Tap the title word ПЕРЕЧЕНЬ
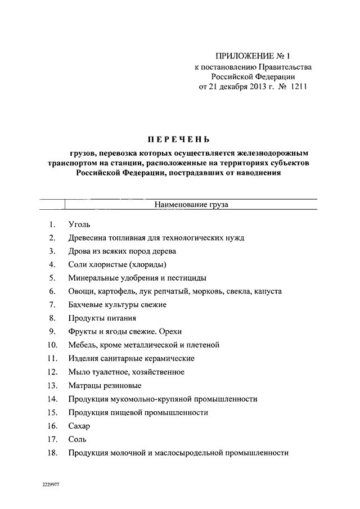[x=178, y=139]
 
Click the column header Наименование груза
[x=191, y=205]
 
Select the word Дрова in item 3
[x=79, y=251]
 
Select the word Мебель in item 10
[x=81, y=345]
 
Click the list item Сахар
[x=79, y=426]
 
